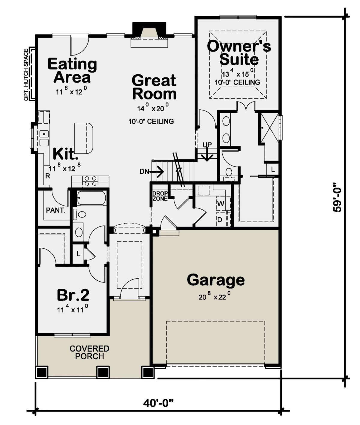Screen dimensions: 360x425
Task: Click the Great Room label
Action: click(154, 87)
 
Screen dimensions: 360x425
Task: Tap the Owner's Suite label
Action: click(239, 52)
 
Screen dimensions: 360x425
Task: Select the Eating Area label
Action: click(72, 70)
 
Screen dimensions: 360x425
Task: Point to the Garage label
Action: click(216, 280)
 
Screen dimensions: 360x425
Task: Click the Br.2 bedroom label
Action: click(73, 295)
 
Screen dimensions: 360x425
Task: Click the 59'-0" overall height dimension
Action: click(337, 197)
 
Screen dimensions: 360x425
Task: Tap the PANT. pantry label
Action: click(55, 210)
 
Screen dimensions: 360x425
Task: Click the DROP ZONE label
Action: click(160, 196)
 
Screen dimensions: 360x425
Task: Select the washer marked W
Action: click(221, 204)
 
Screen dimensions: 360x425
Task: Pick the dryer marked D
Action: click(220, 220)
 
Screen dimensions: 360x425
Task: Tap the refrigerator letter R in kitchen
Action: click(47, 176)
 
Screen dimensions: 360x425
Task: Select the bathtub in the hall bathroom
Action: click(91, 198)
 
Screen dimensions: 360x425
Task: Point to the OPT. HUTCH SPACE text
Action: click(26, 75)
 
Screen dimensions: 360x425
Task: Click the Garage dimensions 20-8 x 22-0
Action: click(214, 297)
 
